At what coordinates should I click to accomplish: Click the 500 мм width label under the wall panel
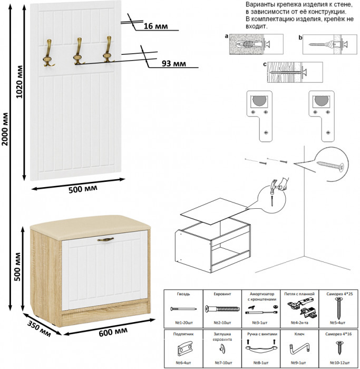click(83, 189)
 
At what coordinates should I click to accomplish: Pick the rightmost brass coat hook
click(108, 50)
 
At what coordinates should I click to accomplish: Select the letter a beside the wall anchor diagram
click(226, 37)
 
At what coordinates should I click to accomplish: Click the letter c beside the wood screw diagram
click(264, 64)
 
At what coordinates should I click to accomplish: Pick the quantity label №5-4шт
click(337, 322)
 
